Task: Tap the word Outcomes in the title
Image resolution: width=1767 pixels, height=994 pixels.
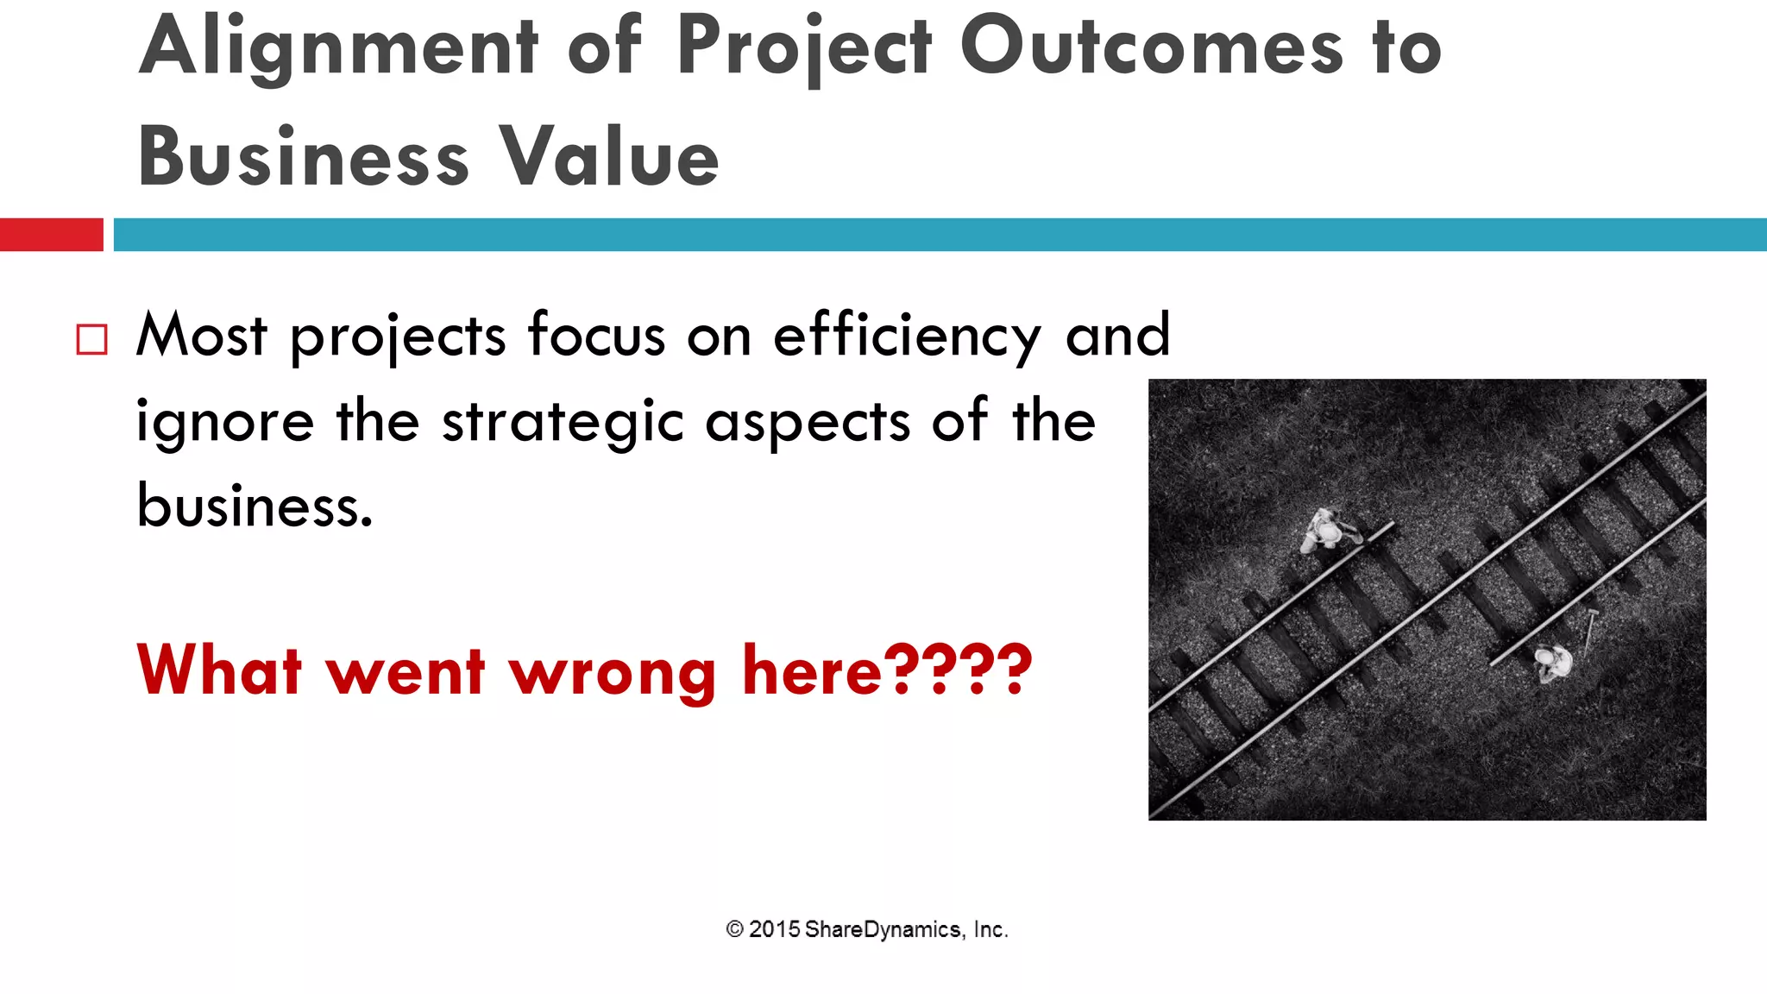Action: pyautogui.click(x=1152, y=47)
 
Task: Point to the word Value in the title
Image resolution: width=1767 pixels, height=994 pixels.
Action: pyautogui.click(x=609, y=157)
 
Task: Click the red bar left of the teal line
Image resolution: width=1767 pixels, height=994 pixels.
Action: pyautogui.click(x=51, y=235)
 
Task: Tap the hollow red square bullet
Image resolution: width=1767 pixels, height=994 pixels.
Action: pyautogui.click(x=92, y=339)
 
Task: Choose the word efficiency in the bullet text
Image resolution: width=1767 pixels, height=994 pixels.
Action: pyautogui.click(x=907, y=337)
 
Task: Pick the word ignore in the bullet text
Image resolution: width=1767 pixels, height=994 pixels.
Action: pyautogui.click(x=225, y=423)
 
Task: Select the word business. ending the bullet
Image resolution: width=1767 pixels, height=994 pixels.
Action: pyautogui.click(x=255, y=506)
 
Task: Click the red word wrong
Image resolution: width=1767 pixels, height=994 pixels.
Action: pyautogui.click(x=612, y=672)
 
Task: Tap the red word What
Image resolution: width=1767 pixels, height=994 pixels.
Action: pyautogui.click(x=220, y=670)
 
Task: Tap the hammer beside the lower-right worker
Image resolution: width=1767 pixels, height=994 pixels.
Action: pyautogui.click(x=1589, y=631)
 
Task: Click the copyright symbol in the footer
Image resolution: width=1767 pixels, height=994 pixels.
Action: pyautogui.click(x=734, y=929)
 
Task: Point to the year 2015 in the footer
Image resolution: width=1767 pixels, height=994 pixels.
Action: pyautogui.click(x=774, y=929)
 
